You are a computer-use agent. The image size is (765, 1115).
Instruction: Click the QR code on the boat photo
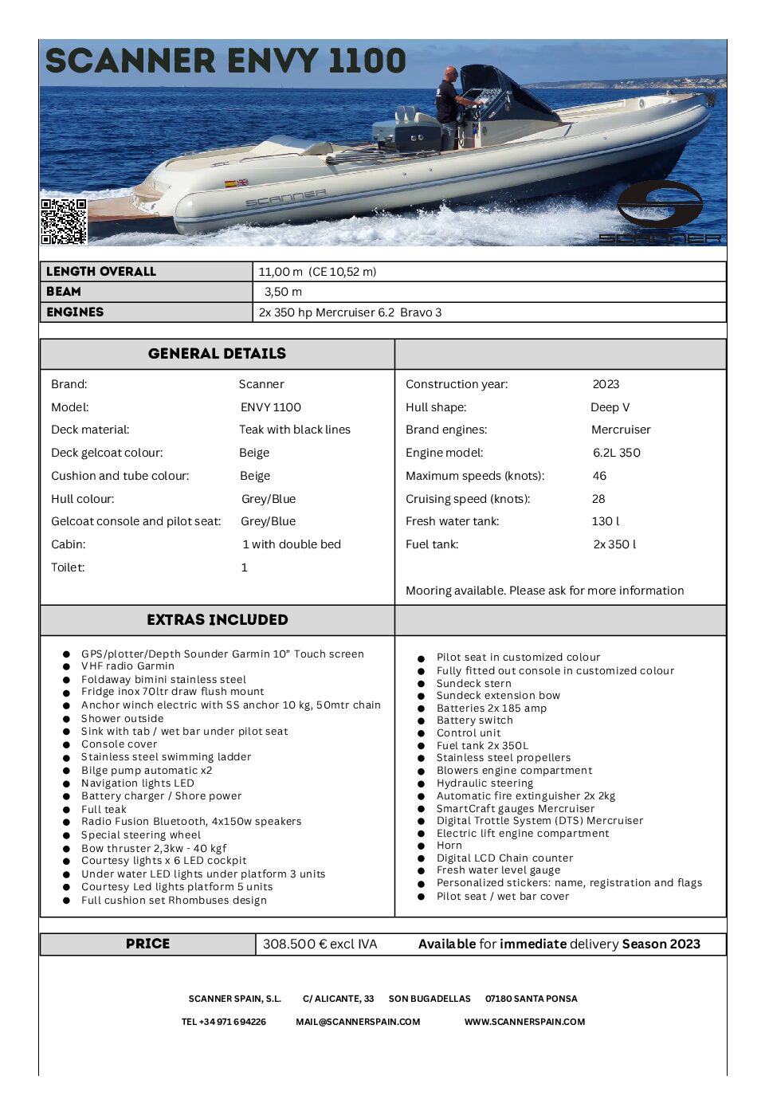click(x=64, y=221)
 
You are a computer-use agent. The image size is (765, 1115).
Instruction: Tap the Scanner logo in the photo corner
click(x=660, y=212)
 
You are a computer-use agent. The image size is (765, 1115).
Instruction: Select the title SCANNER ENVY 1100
click(x=226, y=61)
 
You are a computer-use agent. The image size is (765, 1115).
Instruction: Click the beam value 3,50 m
click(x=283, y=292)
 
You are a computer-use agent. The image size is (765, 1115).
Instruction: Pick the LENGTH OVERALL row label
click(x=101, y=272)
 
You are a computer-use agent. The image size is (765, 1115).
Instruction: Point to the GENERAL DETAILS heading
click(x=217, y=354)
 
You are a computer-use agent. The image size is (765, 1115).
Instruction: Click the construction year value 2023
click(x=606, y=384)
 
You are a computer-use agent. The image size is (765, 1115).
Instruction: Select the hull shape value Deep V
click(x=610, y=407)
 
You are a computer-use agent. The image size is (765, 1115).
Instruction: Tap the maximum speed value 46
click(x=599, y=476)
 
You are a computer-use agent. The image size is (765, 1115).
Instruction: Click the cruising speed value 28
click(x=598, y=499)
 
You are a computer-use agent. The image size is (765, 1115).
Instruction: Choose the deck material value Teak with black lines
click(x=295, y=430)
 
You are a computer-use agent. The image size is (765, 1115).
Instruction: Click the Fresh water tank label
click(x=452, y=521)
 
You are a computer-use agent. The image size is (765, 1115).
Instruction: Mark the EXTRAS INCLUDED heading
click(x=218, y=620)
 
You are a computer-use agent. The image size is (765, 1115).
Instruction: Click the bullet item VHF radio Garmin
click(x=127, y=666)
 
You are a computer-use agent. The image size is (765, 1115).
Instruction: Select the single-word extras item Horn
click(x=449, y=846)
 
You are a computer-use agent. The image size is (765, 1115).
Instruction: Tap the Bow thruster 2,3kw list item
click(x=154, y=849)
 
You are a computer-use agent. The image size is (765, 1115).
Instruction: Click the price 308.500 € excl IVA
click(x=320, y=944)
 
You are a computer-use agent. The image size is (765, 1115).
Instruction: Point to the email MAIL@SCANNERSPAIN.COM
click(x=358, y=1022)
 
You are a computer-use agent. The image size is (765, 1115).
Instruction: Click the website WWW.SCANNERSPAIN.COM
click(x=524, y=1022)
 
